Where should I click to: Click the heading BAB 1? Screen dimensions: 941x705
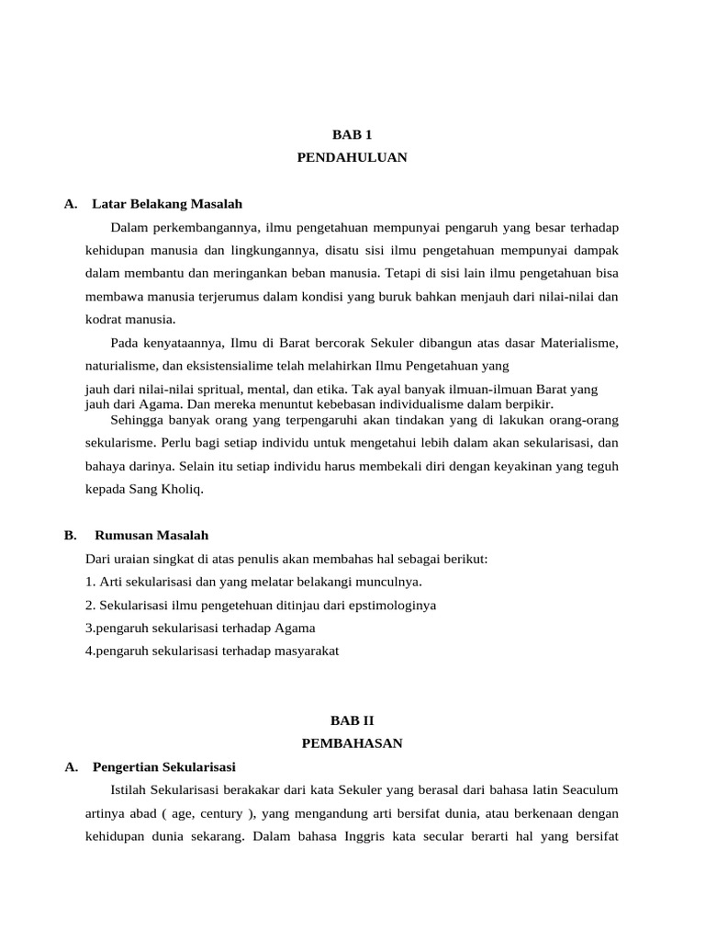352,134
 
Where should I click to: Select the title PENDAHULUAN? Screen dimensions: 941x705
352,158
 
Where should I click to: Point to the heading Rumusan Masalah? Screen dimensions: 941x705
151,535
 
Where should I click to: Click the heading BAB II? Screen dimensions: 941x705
352,720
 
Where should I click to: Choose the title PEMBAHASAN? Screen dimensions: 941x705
352,743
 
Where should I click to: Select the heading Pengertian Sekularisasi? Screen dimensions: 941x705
164,766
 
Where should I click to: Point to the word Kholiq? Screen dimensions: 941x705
182,490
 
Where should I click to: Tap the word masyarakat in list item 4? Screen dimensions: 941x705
302,652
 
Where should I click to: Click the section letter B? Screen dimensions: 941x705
70,535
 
